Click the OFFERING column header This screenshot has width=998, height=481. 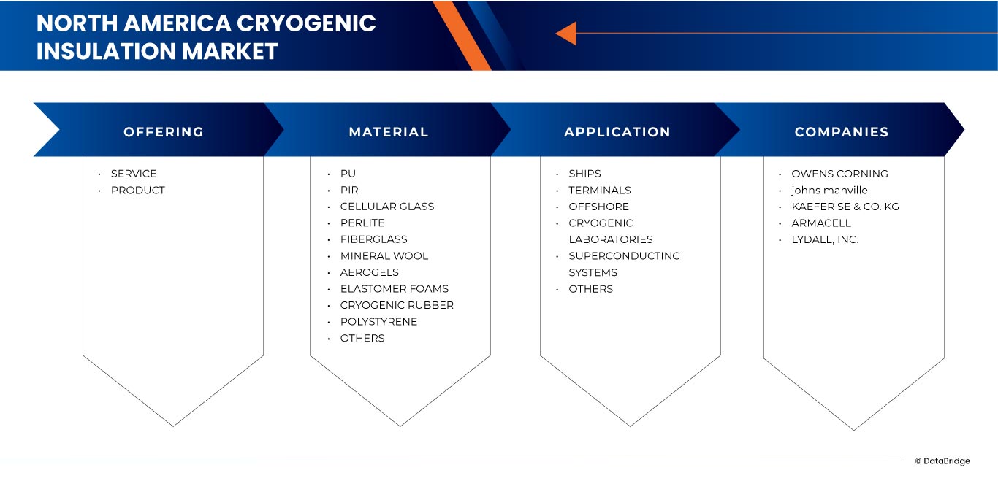pos(163,132)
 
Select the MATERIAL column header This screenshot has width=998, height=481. pos(388,132)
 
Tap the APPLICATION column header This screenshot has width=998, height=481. pos(617,132)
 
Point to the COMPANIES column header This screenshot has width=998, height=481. pos(841,132)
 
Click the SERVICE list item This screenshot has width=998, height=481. pos(134,174)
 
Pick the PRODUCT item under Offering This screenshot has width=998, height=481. pos(137,191)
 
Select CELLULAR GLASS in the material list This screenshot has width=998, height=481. pos(386,207)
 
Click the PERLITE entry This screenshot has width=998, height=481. pos(362,223)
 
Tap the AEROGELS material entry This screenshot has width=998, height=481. pos(369,272)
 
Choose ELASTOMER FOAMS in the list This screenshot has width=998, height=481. pos(394,289)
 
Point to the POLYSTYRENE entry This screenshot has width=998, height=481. pos(378,322)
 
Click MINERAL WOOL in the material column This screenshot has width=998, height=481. pos(384,256)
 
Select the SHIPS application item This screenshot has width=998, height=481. pos(584,174)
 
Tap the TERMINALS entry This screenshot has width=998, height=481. pos(599,191)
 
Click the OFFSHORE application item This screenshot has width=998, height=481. pos(598,207)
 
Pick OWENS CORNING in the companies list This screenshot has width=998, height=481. pos(839,174)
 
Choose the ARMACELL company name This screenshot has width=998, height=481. pos(821,223)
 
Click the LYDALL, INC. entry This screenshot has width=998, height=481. pos(825,239)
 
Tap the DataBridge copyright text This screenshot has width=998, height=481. pos(942,461)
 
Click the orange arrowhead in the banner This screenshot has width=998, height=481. pos(565,33)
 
